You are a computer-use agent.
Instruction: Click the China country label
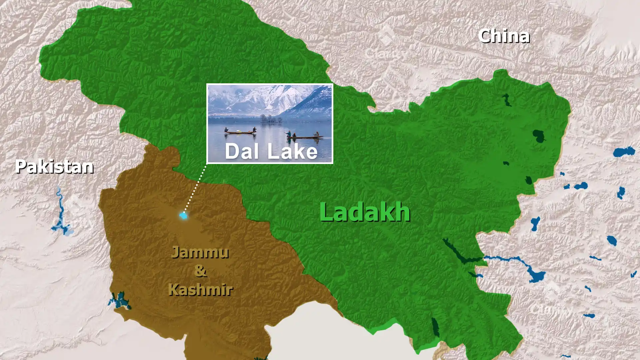pyautogui.click(x=504, y=36)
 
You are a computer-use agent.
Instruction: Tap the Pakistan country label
pyautogui.click(x=54, y=166)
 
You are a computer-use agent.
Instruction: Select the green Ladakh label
pyautogui.click(x=365, y=212)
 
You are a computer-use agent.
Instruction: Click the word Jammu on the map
pyautogui.click(x=200, y=252)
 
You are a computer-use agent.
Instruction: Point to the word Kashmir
pyautogui.click(x=200, y=289)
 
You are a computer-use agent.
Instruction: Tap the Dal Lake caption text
pyautogui.click(x=271, y=151)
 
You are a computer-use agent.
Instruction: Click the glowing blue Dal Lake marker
pyautogui.click(x=183, y=216)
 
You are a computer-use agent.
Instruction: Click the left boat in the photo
pyautogui.click(x=240, y=132)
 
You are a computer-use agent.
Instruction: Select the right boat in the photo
pyautogui.click(x=305, y=136)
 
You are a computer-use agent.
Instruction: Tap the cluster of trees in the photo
pyautogui.click(x=270, y=119)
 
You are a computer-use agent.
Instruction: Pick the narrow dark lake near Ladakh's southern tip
pyautogui.click(x=435, y=327)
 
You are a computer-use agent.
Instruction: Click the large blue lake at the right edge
pyautogui.click(x=624, y=152)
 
